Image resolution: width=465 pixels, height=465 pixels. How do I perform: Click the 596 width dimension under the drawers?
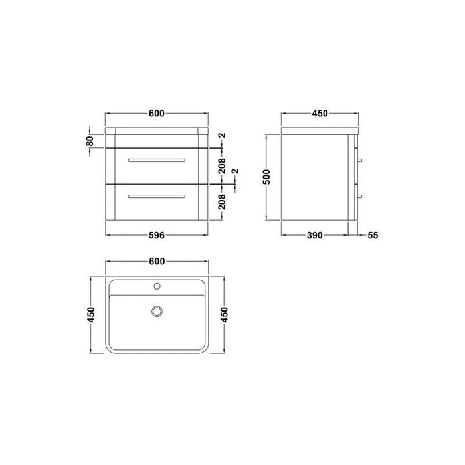tap(156, 235)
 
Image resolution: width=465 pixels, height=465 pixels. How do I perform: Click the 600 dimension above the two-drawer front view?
tap(156, 114)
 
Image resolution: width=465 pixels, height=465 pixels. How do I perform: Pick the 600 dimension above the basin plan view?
tap(156, 261)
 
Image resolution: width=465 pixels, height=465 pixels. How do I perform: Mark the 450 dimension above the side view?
tap(320, 114)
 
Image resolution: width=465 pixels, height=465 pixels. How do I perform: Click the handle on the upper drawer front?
tap(156, 161)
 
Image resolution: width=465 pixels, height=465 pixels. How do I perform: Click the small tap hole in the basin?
tap(157, 286)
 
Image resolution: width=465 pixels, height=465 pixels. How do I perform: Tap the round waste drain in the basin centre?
tap(157, 310)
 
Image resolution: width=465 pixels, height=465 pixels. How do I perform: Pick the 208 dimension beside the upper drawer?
tap(222, 164)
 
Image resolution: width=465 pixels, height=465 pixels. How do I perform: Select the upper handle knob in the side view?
tap(360, 161)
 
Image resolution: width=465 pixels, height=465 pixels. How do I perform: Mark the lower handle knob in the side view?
tap(360, 195)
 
